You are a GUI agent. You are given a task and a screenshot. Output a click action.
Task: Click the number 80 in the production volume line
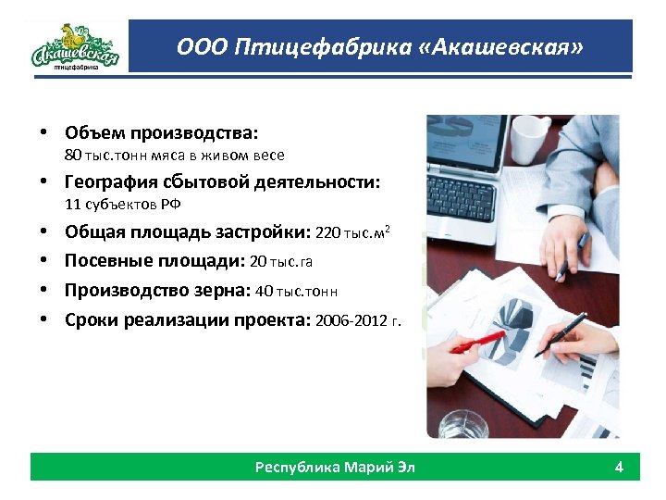(73, 156)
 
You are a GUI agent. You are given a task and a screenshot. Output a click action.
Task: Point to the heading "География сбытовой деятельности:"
(222, 182)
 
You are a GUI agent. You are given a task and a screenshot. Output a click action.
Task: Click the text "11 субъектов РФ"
(116, 206)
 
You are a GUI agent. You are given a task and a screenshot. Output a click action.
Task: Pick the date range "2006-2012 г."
(359, 321)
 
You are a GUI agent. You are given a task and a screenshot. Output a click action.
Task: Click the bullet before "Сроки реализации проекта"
(43, 321)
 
